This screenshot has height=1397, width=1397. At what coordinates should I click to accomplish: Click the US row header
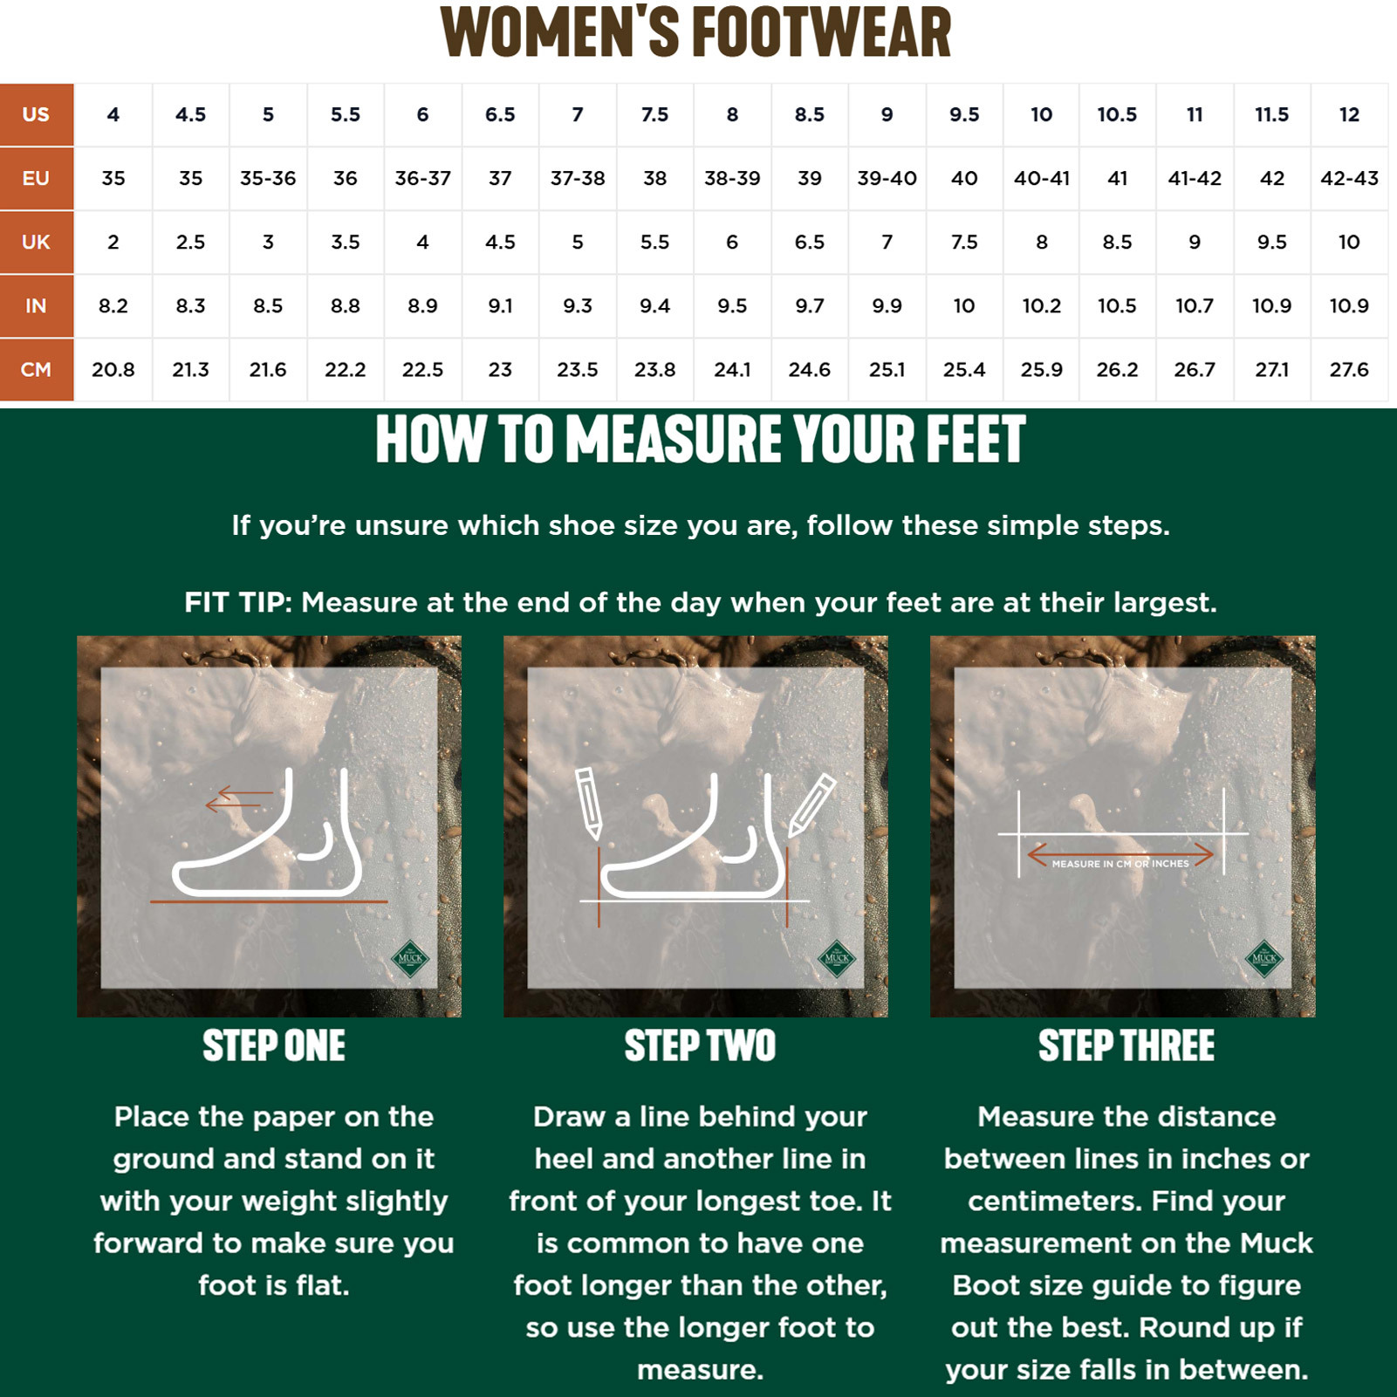(x=37, y=114)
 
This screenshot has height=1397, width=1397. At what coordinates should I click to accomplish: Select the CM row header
(x=37, y=370)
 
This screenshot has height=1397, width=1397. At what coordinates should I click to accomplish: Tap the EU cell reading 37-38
(x=578, y=178)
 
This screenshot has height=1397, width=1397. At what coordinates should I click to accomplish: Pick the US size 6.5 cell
(x=500, y=114)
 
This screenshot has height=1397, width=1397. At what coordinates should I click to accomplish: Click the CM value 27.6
(x=1349, y=370)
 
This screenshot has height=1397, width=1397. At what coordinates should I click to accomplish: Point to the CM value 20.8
(x=113, y=370)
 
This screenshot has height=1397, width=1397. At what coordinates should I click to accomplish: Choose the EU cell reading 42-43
(x=1349, y=178)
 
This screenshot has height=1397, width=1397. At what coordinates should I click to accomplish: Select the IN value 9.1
(x=500, y=306)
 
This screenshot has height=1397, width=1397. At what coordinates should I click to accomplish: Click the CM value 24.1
(x=732, y=370)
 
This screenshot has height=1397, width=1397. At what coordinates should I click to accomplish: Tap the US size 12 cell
(x=1349, y=114)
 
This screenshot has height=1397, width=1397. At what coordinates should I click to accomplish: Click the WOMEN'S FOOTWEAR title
(x=695, y=33)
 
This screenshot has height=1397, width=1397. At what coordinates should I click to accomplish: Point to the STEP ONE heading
(x=274, y=1045)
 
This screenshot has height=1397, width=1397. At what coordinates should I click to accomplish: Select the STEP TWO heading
(x=700, y=1045)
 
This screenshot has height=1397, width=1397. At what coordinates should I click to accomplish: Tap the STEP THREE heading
(x=1127, y=1045)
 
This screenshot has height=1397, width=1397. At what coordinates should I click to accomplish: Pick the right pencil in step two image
(x=812, y=805)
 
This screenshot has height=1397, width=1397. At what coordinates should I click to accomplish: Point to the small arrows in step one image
(x=239, y=798)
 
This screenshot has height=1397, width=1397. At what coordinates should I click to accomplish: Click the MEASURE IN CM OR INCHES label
(x=1120, y=864)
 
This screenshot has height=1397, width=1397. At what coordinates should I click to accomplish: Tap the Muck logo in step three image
(x=1264, y=958)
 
